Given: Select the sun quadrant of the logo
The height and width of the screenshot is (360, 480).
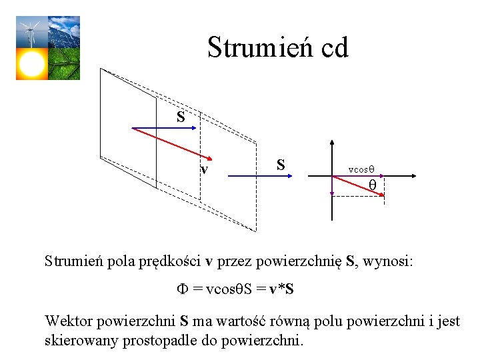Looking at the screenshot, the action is (x=31, y=64).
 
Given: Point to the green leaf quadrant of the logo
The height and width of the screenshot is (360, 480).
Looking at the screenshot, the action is (x=63, y=64).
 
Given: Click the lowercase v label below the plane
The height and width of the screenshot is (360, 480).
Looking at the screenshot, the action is (x=205, y=169).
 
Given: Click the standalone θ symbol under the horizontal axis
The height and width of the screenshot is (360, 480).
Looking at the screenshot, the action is (x=373, y=184).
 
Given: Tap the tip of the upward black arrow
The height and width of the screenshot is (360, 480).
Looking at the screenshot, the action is (x=332, y=143).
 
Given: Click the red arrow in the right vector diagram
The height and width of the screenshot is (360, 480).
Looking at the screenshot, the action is (x=359, y=185).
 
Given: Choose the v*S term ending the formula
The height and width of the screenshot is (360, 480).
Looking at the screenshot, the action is (x=281, y=289).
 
